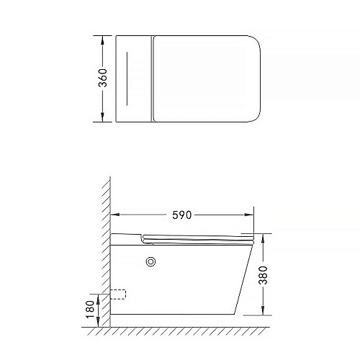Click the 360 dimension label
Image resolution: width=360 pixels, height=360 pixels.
tap(103, 78)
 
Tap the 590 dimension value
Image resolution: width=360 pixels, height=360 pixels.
tap(182, 215)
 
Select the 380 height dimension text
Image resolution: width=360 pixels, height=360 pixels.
tap(263, 275)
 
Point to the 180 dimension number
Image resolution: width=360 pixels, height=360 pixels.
tap(91, 310)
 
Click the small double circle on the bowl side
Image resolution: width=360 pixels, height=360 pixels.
tap(150, 262)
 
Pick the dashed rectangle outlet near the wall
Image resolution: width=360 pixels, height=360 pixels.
tap(118, 294)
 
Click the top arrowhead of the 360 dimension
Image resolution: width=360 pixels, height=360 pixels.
tap(102, 40)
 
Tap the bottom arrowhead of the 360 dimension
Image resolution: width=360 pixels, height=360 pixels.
tap(102, 117)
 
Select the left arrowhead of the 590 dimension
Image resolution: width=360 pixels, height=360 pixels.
tap(115, 215)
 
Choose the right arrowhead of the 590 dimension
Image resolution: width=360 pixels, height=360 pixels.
tap(249, 215)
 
